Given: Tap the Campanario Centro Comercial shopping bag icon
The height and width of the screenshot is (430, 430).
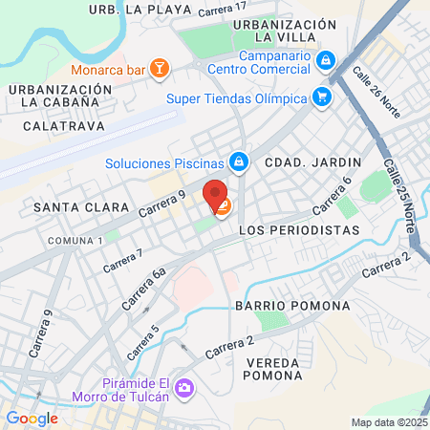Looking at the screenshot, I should click(327, 59).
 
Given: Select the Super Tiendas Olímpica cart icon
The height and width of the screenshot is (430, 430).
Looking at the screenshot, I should click(322, 97).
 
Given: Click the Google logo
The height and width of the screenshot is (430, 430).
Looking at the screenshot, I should click(32, 418).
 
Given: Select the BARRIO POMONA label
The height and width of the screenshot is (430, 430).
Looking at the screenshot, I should click(282, 306).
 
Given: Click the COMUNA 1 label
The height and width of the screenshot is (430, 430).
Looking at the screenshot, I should click(75, 239).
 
